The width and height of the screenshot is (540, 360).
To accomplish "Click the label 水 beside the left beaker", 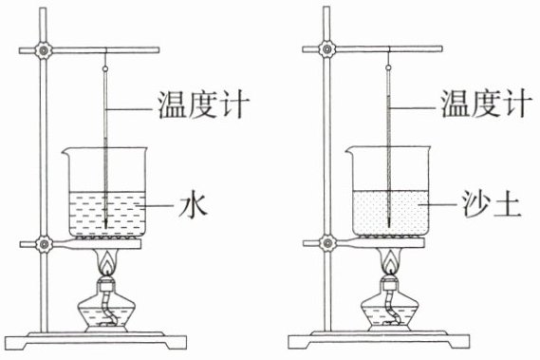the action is [x=193, y=206].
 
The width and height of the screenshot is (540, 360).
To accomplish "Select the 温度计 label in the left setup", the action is [x=203, y=104].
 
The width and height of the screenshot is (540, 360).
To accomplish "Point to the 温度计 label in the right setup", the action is [x=487, y=104].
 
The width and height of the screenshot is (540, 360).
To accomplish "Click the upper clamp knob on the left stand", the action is [x=44, y=50].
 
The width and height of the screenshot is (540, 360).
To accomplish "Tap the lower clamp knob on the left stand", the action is [x=44, y=244].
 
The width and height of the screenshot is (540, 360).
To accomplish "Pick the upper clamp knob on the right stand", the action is [x=326, y=49].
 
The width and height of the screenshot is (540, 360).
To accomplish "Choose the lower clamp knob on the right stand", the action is [x=327, y=243].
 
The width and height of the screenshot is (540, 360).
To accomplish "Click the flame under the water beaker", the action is [x=108, y=263].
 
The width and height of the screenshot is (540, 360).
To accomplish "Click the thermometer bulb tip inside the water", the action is [x=105, y=227].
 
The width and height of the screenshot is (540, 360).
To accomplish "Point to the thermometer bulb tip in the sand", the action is [x=389, y=225].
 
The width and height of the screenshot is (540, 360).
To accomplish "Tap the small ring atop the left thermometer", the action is [x=105, y=69].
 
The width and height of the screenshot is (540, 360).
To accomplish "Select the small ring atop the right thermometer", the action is [x=389, y=67].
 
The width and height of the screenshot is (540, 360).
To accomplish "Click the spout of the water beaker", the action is [x=65, y=151].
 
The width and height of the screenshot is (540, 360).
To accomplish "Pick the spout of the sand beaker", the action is [x=349, y=150].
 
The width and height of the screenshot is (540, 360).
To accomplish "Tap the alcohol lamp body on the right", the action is [x=390, y=312].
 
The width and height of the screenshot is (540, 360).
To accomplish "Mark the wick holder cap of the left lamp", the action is [x=107, y=284].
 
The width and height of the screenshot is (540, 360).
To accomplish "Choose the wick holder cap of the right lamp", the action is [x=391, y=282].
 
